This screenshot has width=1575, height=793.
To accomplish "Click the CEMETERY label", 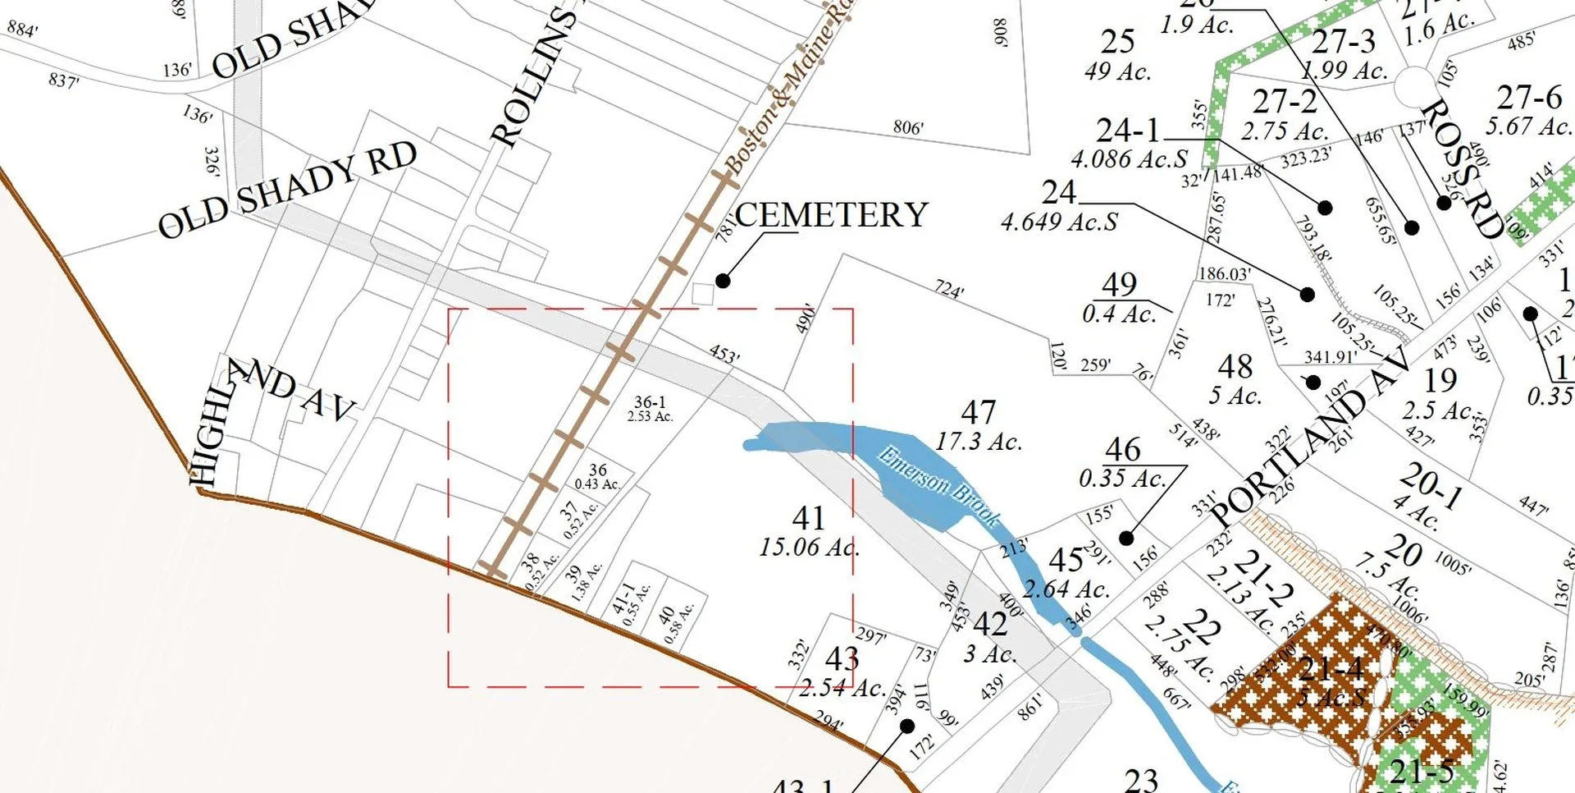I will tap(831, 215).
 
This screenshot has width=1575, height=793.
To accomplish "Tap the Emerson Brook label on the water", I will tap(939, 485).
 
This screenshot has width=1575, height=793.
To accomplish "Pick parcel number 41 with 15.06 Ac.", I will tap(808, 518).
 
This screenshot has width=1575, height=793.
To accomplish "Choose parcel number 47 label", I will tap(978, 412).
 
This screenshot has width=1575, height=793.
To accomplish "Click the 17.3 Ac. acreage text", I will tap(979, 442).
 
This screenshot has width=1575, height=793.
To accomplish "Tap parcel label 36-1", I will tap(650, 402).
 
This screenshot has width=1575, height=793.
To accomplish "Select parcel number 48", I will tap(1235, 366).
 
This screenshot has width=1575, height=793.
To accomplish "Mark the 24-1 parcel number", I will tap(1129, 130).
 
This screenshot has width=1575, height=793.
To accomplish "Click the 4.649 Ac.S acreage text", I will tap(1059, 222).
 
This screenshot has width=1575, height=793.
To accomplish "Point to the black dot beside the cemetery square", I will tap(723, 281).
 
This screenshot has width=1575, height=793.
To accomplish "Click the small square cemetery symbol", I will tap(702, 294).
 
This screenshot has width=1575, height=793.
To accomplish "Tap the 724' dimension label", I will tap(949, 289).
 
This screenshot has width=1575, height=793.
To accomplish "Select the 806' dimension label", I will tap(908, 127).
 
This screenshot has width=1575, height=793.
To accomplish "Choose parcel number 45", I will tap(1066, 560).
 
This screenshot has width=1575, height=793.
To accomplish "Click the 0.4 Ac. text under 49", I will tap(1119, 314).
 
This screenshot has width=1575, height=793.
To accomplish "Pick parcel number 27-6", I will tap(1529, 98).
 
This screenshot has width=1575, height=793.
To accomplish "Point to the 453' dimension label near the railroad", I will tap(724, 354).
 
